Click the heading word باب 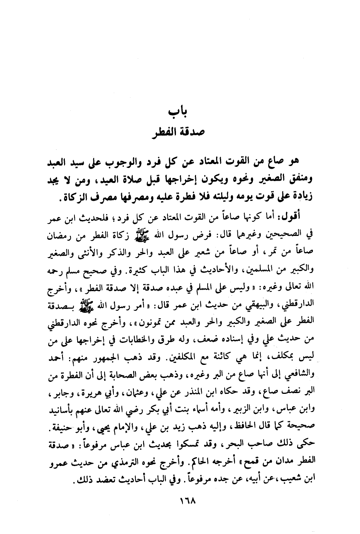pos(179,112)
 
